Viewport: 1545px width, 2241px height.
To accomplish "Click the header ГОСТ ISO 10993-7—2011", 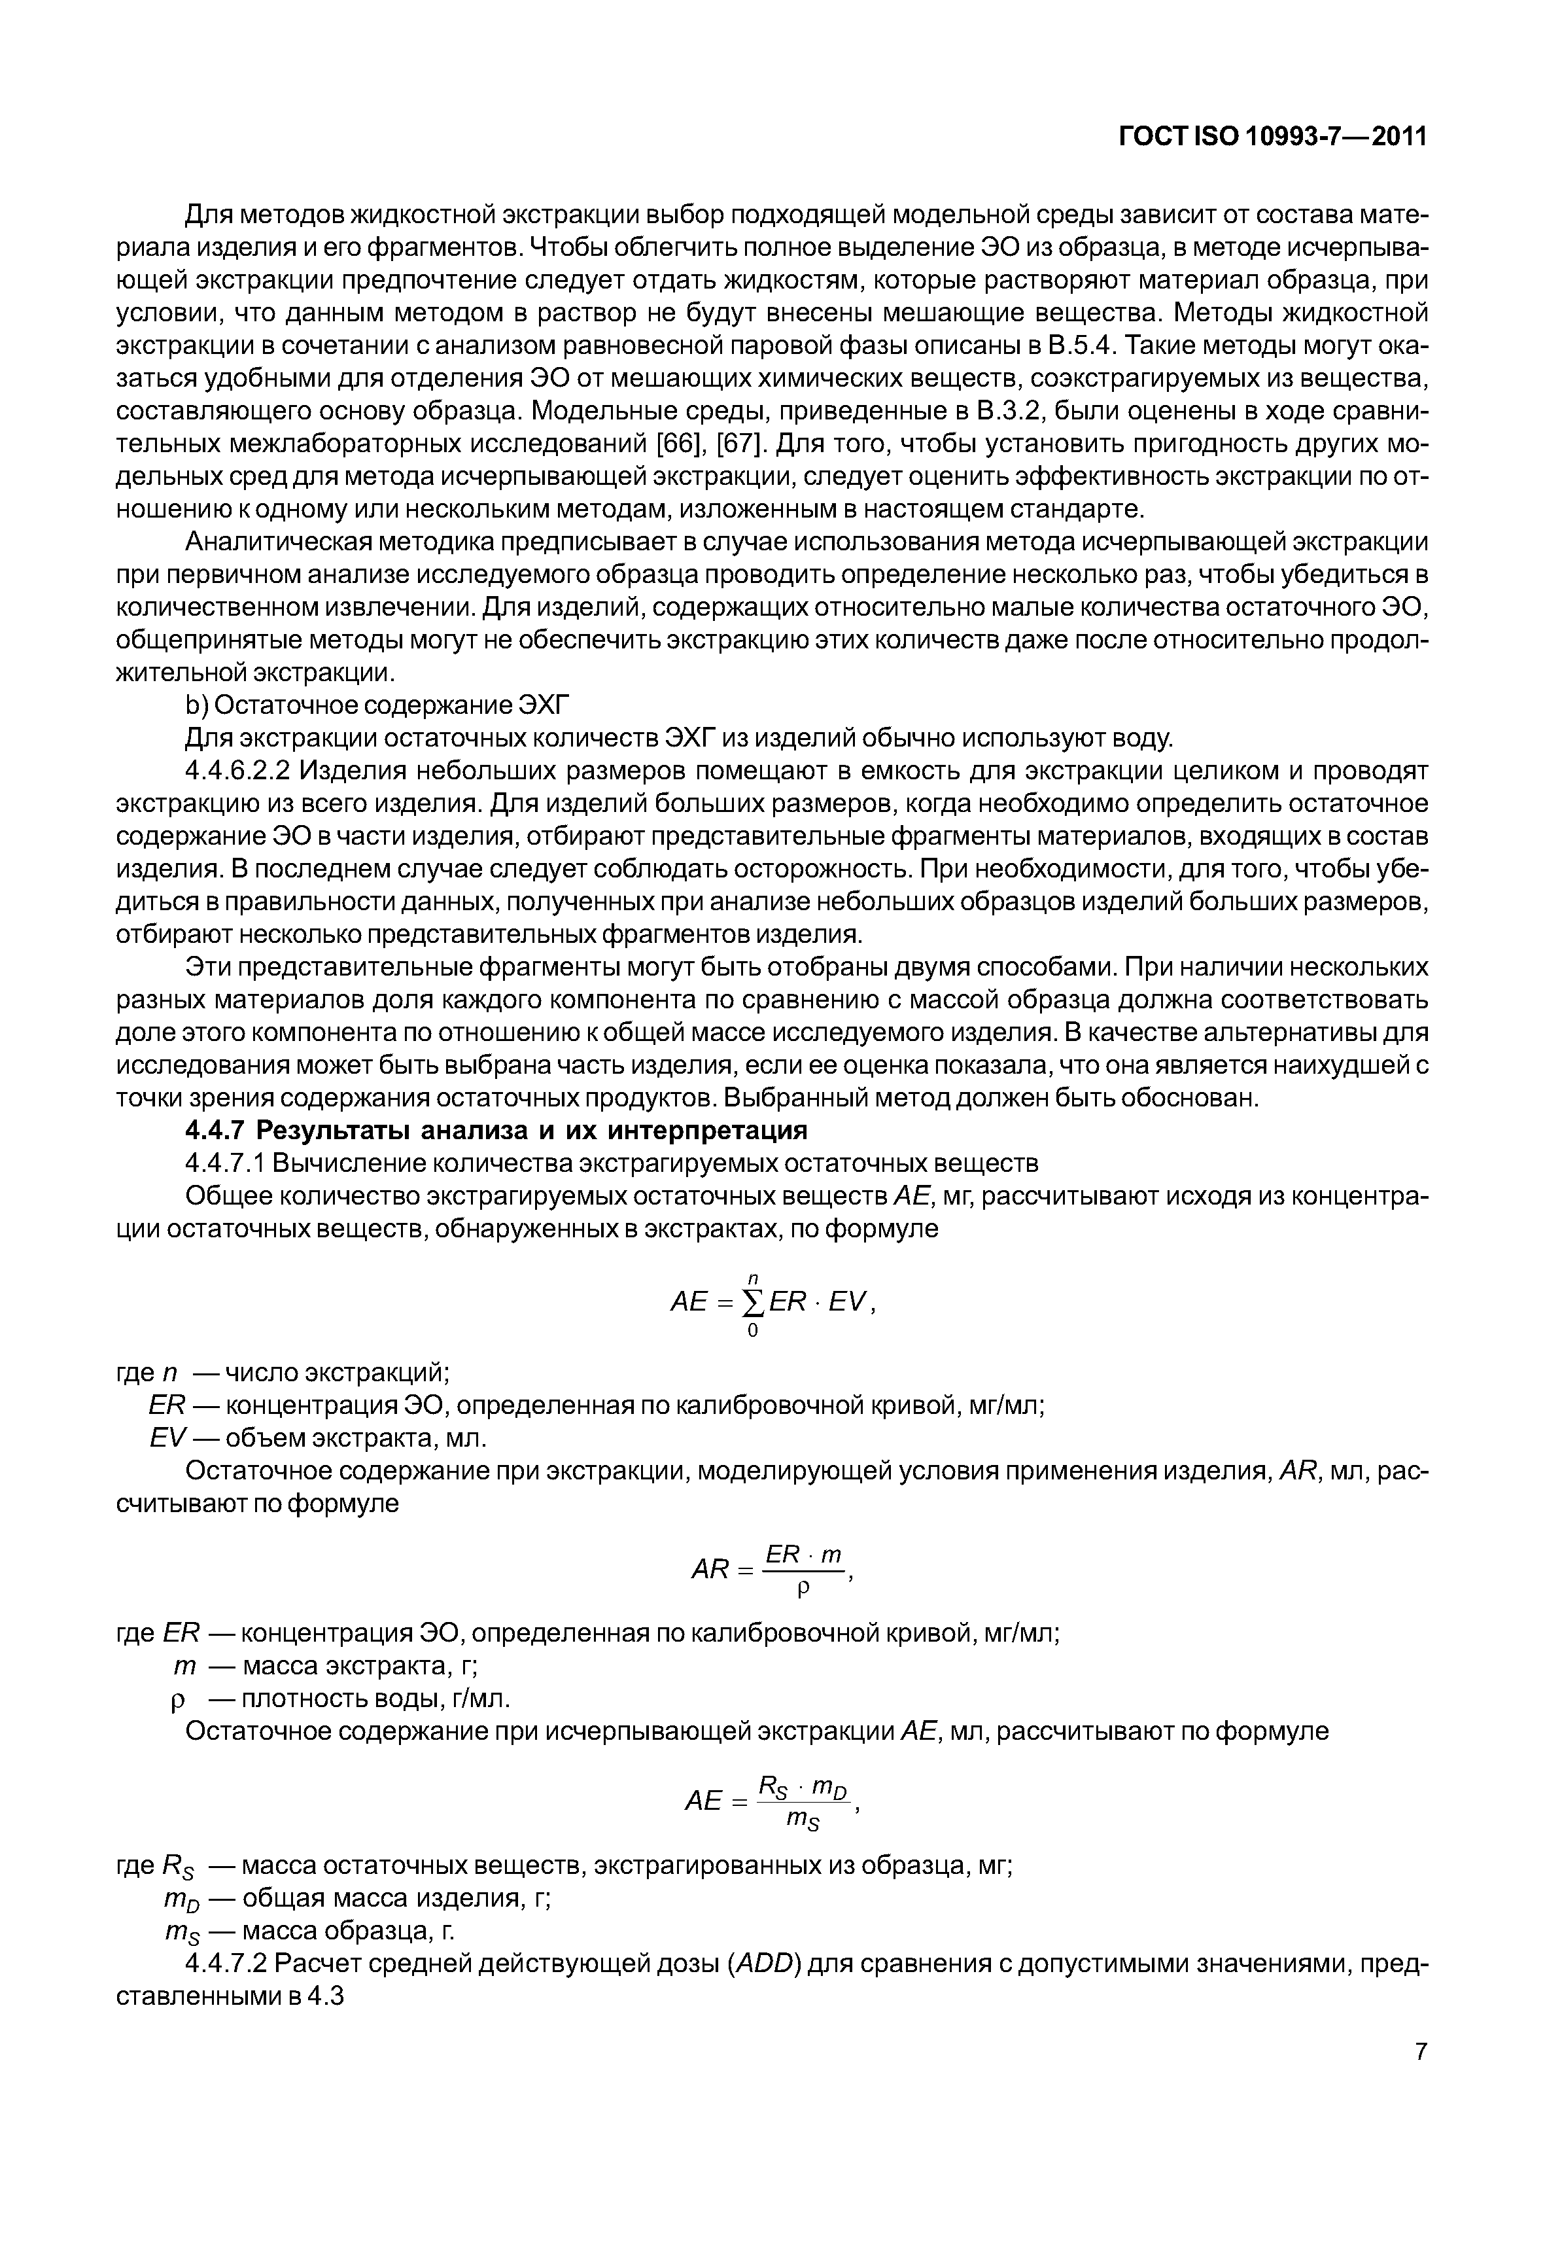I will (x=1272, y=137).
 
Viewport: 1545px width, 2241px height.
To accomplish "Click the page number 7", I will (x=1420, y=2051).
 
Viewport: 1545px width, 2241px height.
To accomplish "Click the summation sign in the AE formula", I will (x=752, y=1303).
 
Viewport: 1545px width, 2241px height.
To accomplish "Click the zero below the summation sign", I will (x=752, y=1332).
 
